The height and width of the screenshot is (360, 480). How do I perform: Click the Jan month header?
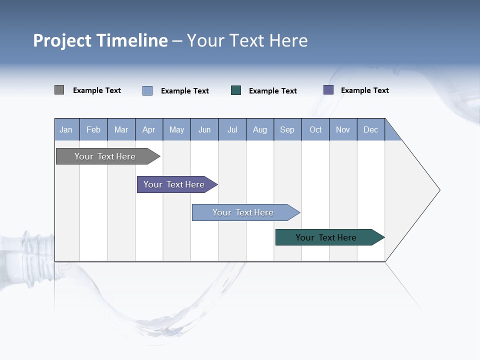[66, 129]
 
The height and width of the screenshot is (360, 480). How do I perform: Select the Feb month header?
[93, 129]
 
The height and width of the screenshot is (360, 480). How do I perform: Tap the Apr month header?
[149, 129]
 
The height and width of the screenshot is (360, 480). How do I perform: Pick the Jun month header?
[204, 129]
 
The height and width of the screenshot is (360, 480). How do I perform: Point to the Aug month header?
[260, 129]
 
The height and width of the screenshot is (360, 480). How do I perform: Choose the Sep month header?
[287, 129]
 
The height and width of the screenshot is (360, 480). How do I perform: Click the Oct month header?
[315, 129]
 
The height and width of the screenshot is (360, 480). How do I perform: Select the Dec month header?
[371, 129]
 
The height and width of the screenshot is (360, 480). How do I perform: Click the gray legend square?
[59, 90]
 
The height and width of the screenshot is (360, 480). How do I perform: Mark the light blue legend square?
[147, 90]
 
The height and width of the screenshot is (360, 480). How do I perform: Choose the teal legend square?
[236, 90]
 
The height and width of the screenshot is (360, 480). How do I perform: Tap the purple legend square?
[328, 90]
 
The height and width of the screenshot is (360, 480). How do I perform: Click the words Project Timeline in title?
[100, 40]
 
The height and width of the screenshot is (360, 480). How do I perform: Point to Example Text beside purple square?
[364, 90]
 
